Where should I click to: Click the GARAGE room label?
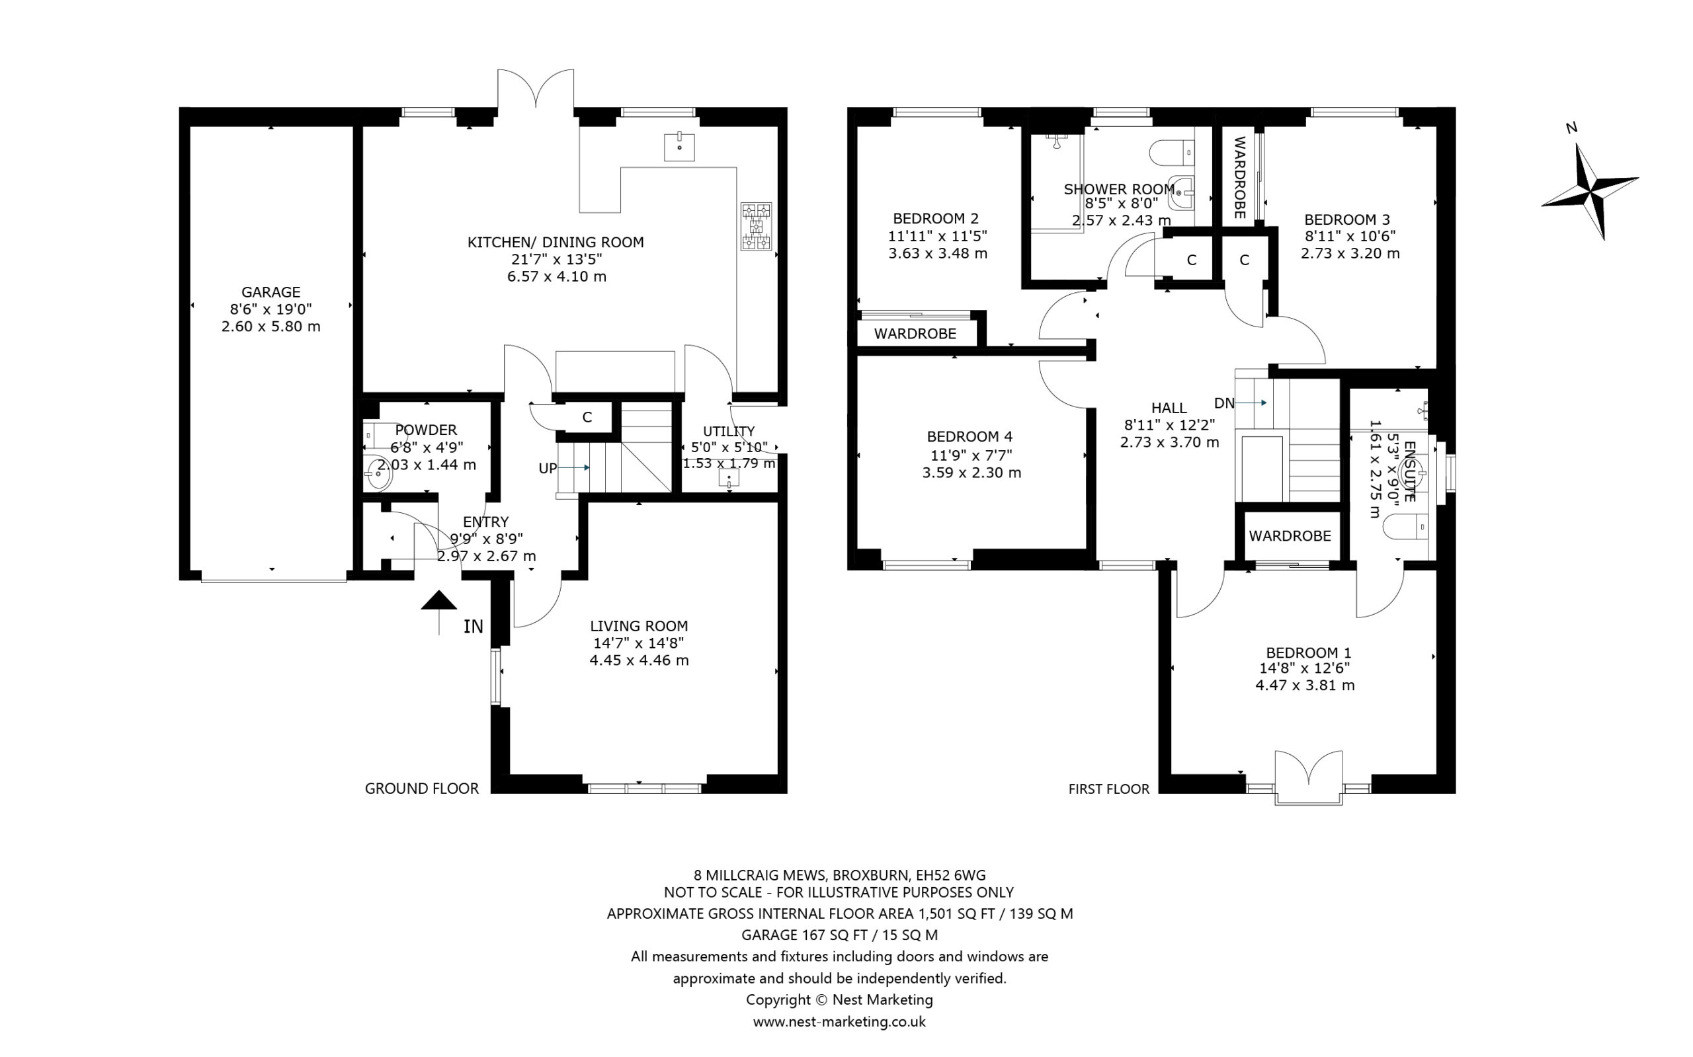pyautogui.click(x=270, y=292)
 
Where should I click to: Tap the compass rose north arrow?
pyautogui.click(x=1590, y=192)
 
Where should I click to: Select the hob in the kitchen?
pyautogui.click(x=757, y=227)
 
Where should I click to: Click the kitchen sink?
pyautogui.click(x=679, y=147)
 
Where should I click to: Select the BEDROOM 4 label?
pyautogui.click(x=970, y=437)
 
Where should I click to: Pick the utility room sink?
pyautogui.click(x=729, y=478)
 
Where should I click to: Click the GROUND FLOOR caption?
pyautogui.click(x=422, y=789)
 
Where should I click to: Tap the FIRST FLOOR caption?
pyautogui.click(x=1108, y=789)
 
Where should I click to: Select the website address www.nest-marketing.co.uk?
pyautogui.click(x=839, y=1021)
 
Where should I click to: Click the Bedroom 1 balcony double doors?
pyautogui.click(x=1308, y=778)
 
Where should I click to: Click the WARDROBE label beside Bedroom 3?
pyautogui.click(x=1240, y=178)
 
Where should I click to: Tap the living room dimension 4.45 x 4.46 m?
pyautogui.click(x=639, y=660)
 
